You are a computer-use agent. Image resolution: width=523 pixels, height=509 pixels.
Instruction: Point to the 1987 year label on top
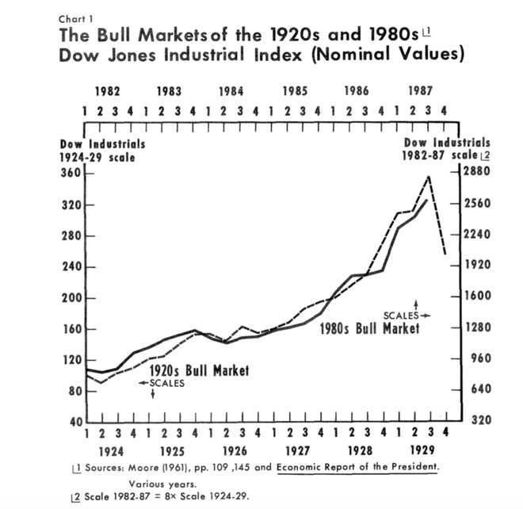[419, 91]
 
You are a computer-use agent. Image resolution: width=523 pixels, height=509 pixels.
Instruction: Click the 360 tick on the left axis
[70, 174]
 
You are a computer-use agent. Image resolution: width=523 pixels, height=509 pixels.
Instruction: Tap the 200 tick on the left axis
[70, 298]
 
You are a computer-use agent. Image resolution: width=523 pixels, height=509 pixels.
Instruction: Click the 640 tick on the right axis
[473, 389]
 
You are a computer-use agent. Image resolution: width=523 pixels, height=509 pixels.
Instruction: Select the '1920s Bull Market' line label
[199, 370]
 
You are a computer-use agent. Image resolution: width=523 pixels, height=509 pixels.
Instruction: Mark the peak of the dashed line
[429, 176]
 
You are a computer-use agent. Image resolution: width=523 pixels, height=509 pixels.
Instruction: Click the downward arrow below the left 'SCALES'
[152, 394]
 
